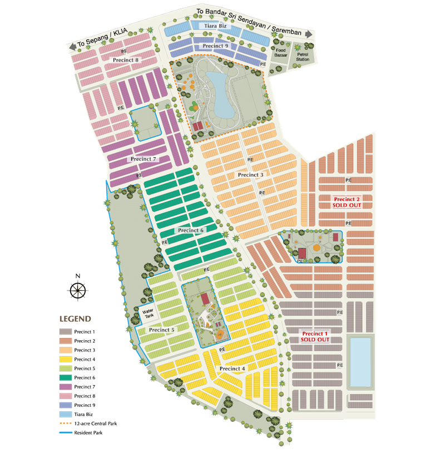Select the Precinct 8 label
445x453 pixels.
point(125,59)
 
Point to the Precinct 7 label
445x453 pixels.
point(144,159)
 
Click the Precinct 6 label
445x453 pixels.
point(191,230)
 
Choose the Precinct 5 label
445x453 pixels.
point(161,330)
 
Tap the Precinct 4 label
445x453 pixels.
point(232,369)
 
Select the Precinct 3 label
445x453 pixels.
point(250,175)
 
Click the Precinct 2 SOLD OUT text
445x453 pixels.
point(347,202)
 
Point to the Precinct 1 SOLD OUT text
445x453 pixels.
point(315,336)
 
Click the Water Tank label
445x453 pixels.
point(148,313)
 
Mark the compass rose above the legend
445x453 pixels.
point(78,289)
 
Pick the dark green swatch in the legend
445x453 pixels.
point(65,378)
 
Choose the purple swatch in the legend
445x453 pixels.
point(65,387)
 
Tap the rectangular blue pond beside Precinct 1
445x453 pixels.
point(360,361)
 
